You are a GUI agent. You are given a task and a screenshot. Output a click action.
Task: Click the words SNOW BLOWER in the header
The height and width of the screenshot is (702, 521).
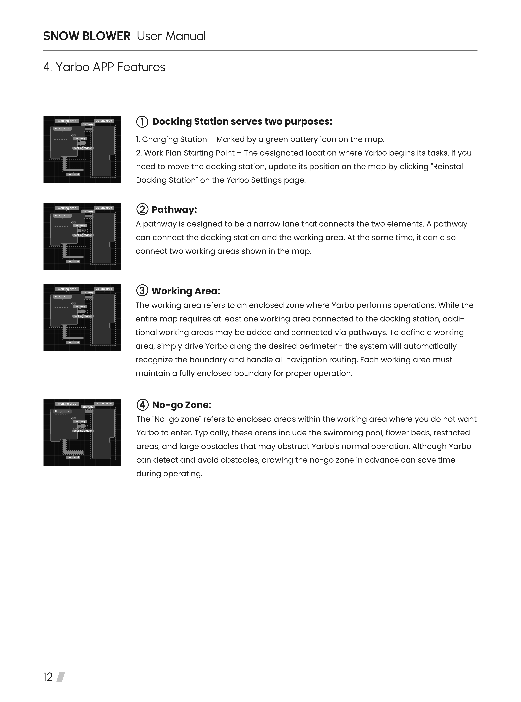pyautogui.click(x=87, y=36)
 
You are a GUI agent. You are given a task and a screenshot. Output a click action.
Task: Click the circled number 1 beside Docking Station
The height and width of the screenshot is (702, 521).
pyautogui.click(x=142, y=122)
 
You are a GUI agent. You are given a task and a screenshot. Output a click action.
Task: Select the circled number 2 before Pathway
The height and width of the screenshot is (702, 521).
pyautogui.click(x=142, y=209)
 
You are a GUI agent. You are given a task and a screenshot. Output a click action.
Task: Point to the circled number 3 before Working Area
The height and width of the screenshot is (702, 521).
pyautogui.click(x=142, y=290)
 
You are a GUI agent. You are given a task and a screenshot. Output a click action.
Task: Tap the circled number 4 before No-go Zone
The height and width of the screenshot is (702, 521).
pyautogui.click(x=142, y=405)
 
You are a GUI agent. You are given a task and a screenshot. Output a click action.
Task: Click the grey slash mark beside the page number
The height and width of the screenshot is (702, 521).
pyautogui.click(x=61, y=677)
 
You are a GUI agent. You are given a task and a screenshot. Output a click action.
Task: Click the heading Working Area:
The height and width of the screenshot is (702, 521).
pyautogui.click(x=186, y=291)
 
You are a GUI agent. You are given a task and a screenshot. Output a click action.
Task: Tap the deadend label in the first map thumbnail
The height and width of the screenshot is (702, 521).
pyautogui.click(x=73, y=174)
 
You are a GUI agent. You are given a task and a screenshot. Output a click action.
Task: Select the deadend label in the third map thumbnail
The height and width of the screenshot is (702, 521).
pyautogui.click(x=73, y=342)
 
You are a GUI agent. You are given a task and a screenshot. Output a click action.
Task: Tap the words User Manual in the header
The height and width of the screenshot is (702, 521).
pyautogui.click(x=171, y=36)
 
